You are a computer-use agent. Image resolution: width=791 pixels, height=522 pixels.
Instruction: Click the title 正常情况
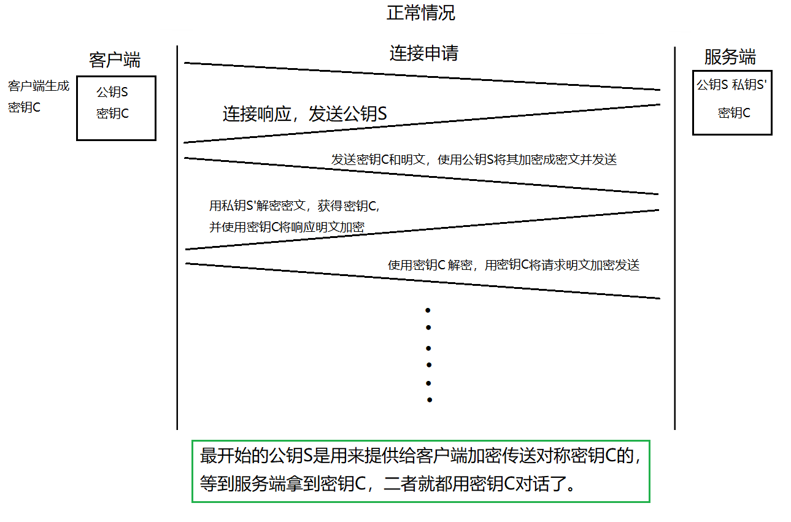point(421,13)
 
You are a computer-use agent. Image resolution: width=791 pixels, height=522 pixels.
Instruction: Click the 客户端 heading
point(115,60)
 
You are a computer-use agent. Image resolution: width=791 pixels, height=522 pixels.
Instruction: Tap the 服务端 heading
point(730,58)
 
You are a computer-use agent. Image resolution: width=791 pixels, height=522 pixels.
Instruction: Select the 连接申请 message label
point(423,53)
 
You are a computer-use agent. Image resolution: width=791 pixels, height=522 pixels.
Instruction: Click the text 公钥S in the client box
point(112,93)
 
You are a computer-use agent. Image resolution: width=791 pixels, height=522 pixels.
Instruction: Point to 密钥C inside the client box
point(112,113)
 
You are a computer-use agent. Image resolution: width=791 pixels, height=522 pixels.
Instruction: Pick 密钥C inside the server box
point(734,113)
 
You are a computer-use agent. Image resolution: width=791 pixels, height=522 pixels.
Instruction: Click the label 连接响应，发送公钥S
point(304,114)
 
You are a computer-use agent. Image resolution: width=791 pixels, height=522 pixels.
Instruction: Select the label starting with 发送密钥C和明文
point(474,160)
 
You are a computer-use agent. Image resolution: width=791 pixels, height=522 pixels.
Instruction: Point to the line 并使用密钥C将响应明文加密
point(287,227)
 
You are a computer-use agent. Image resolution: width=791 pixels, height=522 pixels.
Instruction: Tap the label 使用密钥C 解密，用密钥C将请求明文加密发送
point(514,265)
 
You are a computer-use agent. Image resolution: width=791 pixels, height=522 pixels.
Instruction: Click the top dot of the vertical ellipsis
point(428,310)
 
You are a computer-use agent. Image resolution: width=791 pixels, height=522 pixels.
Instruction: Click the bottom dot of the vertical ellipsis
point(430,400)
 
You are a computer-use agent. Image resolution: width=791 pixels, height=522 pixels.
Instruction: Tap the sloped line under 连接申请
point(422,76)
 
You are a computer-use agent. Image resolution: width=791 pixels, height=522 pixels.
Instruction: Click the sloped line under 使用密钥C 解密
point(422,281)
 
